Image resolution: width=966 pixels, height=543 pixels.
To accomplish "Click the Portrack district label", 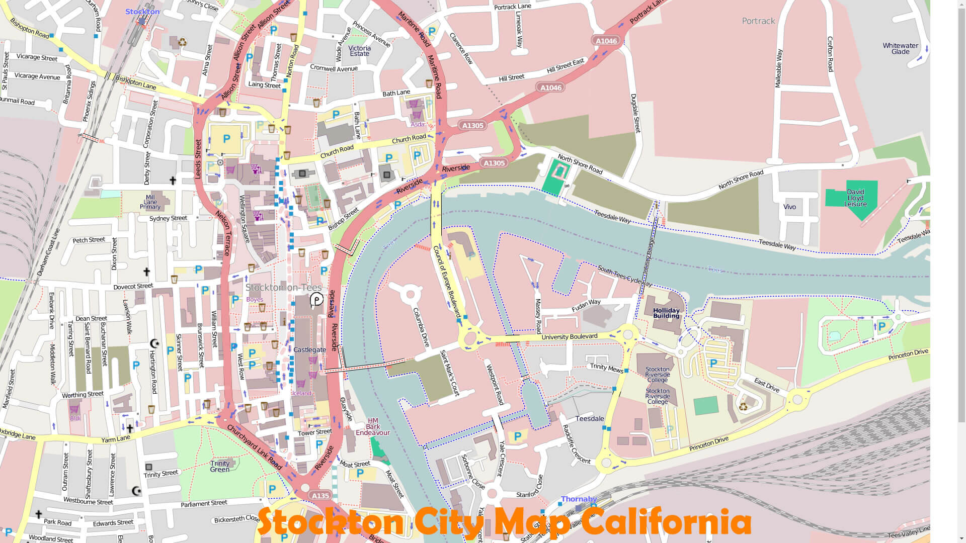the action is [x=758, y=21].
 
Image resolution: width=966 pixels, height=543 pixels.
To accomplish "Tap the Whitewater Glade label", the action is [x=900, y=48].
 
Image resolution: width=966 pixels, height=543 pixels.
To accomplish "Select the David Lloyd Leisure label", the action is [x=855, y=198].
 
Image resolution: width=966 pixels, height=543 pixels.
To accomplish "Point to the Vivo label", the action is [x=789, y=207].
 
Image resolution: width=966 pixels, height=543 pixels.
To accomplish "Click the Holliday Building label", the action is [x=666, y=313].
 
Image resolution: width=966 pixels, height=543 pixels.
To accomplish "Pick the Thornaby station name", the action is [x=579, y=499].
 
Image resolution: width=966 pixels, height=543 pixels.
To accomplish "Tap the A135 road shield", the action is [x=320, y=496].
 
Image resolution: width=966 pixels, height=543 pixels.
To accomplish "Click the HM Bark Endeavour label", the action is [x=373, y=427].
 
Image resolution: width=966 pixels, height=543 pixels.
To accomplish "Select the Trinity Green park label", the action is [x=220, y=467].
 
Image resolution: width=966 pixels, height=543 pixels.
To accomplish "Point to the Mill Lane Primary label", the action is [x=150, y=202].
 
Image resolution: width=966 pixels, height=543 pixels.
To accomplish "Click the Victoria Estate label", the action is [x=359, y=51].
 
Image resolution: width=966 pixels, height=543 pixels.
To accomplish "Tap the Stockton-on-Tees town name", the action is [x=283, y=288].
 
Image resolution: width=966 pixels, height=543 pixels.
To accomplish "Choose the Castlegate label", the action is [x=309, y=350].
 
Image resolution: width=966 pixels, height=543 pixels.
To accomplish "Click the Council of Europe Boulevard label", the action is [x=447, y=282].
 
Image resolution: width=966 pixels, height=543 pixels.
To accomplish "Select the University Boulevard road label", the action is [x=569, y=337].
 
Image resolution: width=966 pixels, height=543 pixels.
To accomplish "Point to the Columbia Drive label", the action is [x=421, y=327].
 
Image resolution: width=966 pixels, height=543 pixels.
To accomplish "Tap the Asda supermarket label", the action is [x=417, y=124].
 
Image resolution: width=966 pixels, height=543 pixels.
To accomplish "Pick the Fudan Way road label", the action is [x=586, y=305].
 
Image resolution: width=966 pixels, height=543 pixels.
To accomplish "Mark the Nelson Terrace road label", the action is [x=223, y=233].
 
